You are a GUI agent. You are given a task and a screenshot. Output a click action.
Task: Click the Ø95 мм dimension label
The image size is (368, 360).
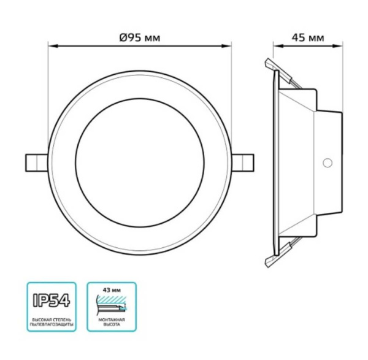click(x=140, y=37)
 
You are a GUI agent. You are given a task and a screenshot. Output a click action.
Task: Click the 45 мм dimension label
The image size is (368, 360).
click(x=307, y=37)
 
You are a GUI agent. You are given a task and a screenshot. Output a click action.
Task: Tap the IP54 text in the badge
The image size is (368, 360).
click(x=52, y=301)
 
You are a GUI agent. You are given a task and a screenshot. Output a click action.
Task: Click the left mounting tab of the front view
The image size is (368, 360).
click(x=34, y=162)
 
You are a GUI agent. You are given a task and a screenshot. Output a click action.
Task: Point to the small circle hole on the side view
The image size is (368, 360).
click(x=327, y=163)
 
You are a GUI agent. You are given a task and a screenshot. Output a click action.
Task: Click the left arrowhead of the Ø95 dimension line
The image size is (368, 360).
click(x=52, y=45)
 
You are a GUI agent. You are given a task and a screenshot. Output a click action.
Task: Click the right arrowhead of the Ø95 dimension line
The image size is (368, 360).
click(x=229, y=45)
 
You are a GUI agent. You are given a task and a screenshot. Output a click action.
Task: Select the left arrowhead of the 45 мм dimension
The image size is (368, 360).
click(x=276, y=45)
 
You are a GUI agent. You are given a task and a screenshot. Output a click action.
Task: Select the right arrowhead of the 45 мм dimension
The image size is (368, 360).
click(x=339, y=45)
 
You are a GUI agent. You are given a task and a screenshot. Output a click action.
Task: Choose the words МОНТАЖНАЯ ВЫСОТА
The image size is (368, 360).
click(x=112, y=323)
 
